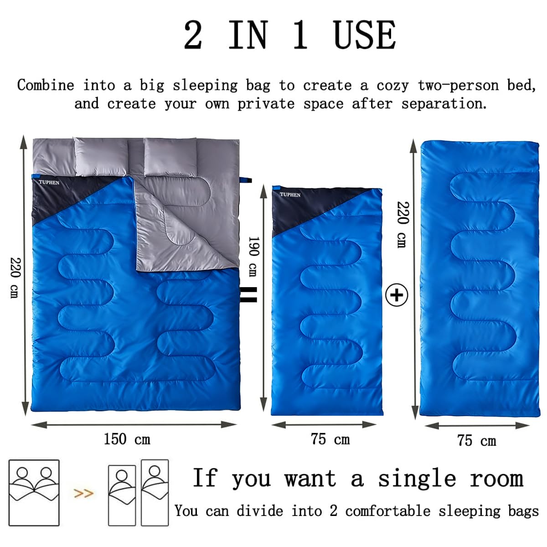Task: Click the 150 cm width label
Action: (127, 439)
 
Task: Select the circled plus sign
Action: (397, 295)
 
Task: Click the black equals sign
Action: (249, 294)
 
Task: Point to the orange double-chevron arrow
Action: (83, 493)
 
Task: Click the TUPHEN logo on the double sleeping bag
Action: (49, 182)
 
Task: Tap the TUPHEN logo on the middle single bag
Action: (290, 195)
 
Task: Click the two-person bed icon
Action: (34, 493)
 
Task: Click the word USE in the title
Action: (365, 35)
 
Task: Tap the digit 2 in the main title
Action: (193, 35)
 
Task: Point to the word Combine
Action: (46, 85)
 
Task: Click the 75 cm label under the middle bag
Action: (330, 439)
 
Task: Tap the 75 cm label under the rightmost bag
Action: (477, 441)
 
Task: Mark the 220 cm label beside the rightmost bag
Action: (403, 225)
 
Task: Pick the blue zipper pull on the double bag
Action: (246, 180)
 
